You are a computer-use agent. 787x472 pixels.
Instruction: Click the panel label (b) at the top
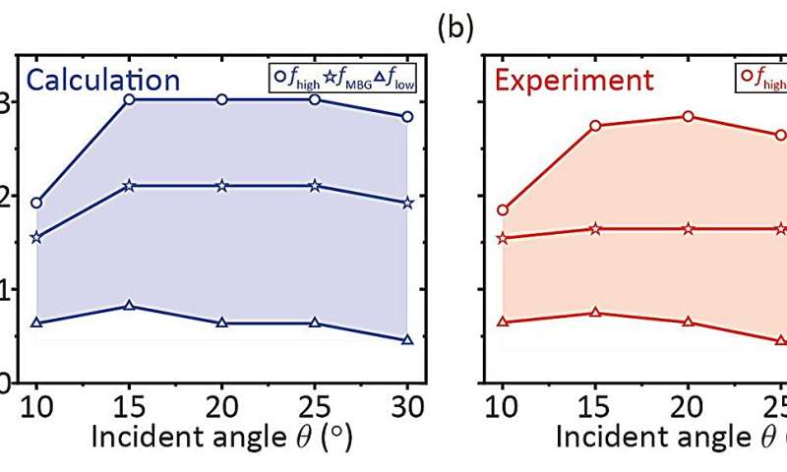(x=455, y=28)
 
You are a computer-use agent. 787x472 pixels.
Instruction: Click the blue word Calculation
(x=103, y=80)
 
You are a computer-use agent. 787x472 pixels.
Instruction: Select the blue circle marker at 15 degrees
(x=129, y=99)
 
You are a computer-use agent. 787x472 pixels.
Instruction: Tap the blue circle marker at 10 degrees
(x=36, y=204)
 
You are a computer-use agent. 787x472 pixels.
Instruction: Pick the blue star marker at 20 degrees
(x=221, y=186)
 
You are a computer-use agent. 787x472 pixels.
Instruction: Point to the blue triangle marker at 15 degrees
(x=129, y=306)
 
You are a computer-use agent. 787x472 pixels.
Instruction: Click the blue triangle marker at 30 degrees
(x=407, y=340)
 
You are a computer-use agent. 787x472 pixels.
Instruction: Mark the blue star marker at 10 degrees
(x=36, y=237)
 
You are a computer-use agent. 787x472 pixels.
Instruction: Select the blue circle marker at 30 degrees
(x=407, y=117)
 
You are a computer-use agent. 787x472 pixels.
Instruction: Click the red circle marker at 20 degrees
(x=688, y=116)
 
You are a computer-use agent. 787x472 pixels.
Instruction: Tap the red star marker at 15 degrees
(x=595, y=228)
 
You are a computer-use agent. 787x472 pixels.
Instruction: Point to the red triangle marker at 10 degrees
(x=503, y=322)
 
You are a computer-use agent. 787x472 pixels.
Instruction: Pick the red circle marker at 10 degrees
(x=503, y=209)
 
